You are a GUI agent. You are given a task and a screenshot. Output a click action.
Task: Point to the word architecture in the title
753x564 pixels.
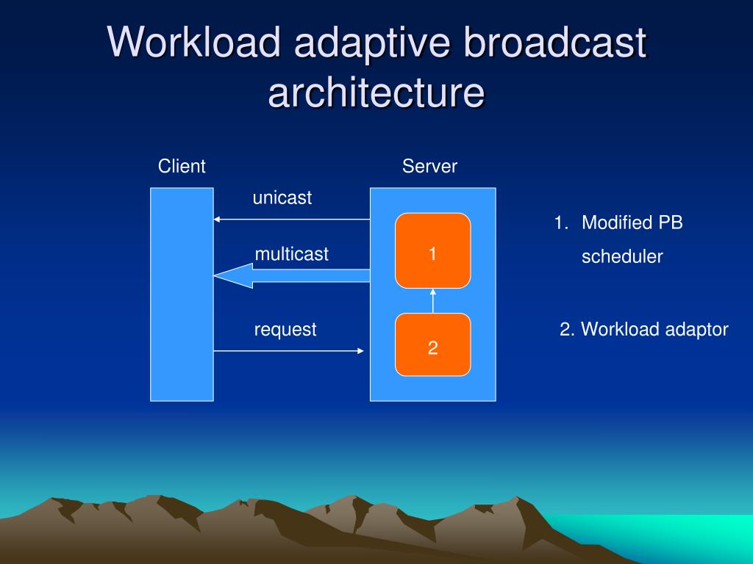coord(376,93)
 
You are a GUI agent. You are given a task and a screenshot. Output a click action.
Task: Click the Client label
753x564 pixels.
coord(182,167)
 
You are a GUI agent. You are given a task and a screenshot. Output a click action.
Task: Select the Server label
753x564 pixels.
coord(429,167)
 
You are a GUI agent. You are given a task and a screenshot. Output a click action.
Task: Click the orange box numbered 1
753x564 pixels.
coord(432,250)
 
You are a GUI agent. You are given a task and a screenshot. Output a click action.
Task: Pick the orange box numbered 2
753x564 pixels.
coord(432,344)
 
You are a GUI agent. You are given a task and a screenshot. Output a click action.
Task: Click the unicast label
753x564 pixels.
coord(282,198)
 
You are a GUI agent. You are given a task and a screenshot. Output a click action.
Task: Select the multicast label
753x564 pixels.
coord(292,254)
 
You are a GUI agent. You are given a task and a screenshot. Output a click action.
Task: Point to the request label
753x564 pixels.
coord(285,330)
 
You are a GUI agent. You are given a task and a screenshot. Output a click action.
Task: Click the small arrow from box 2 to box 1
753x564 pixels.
coord(432,300)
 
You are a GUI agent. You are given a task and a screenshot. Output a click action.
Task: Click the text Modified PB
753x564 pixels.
coord(632,223)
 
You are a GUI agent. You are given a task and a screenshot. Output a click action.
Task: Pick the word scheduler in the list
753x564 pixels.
coord(622,257)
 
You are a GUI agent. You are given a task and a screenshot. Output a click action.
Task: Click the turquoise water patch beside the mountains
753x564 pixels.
coord(662,532)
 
